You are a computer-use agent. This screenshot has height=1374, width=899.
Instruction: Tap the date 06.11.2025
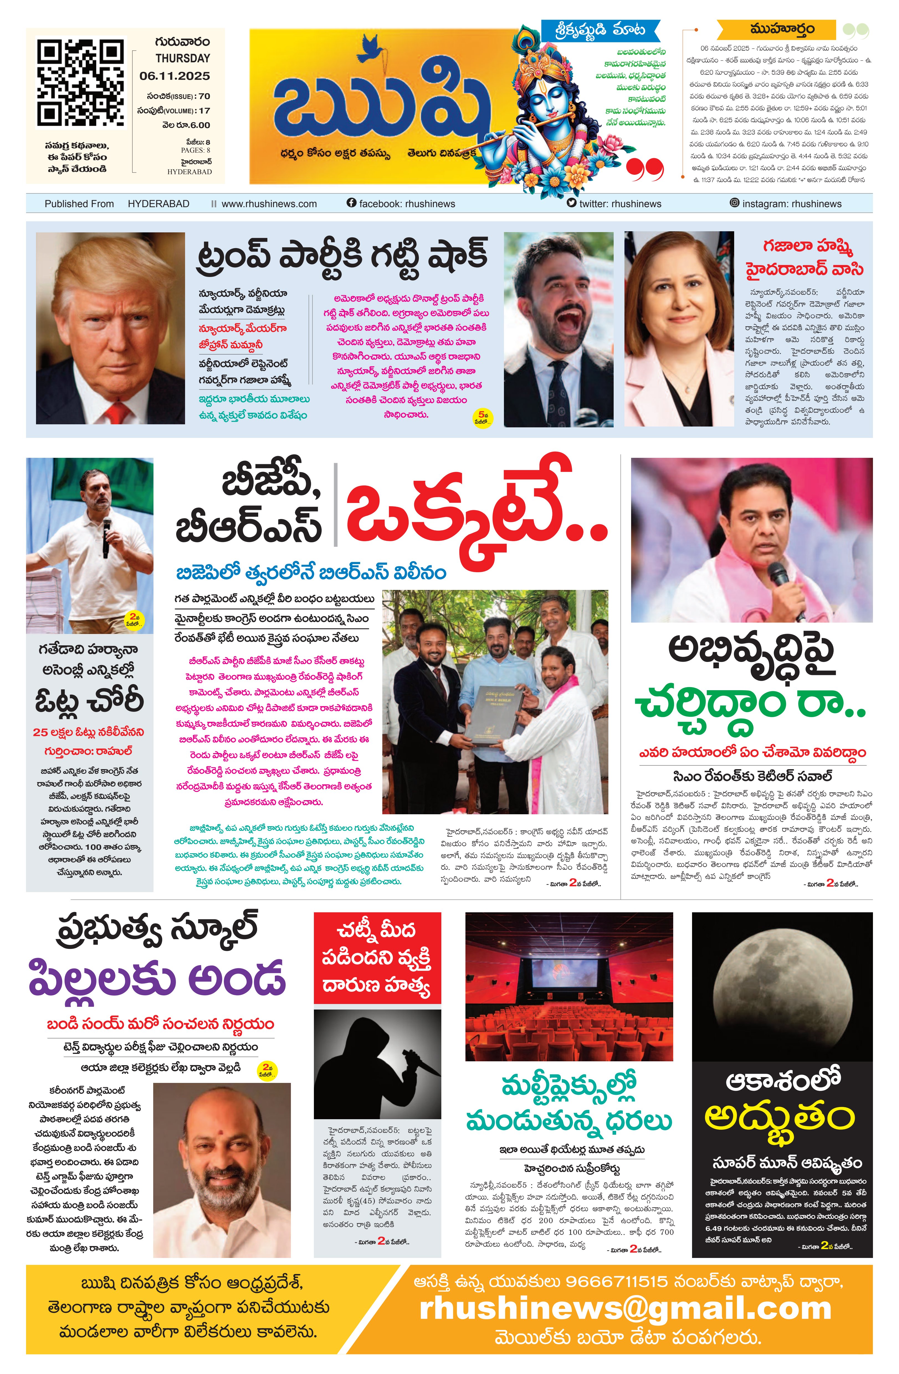pyautogui.click(x=174, y=76)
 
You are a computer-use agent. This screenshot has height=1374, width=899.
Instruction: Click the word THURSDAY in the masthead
pyautogui.click(x=183, y=58)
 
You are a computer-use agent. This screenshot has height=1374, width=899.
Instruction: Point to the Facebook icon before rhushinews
pyautogui.click(x=351, y=203)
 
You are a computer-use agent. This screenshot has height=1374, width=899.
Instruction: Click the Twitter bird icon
pyautogui.click(x=572, y=203)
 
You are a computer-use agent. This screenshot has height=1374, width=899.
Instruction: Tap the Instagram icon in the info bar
pyautogui.click(x=734, y=203)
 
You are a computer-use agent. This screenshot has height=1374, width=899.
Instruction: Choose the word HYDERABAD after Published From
pyautogui.click(x=158, y=204)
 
